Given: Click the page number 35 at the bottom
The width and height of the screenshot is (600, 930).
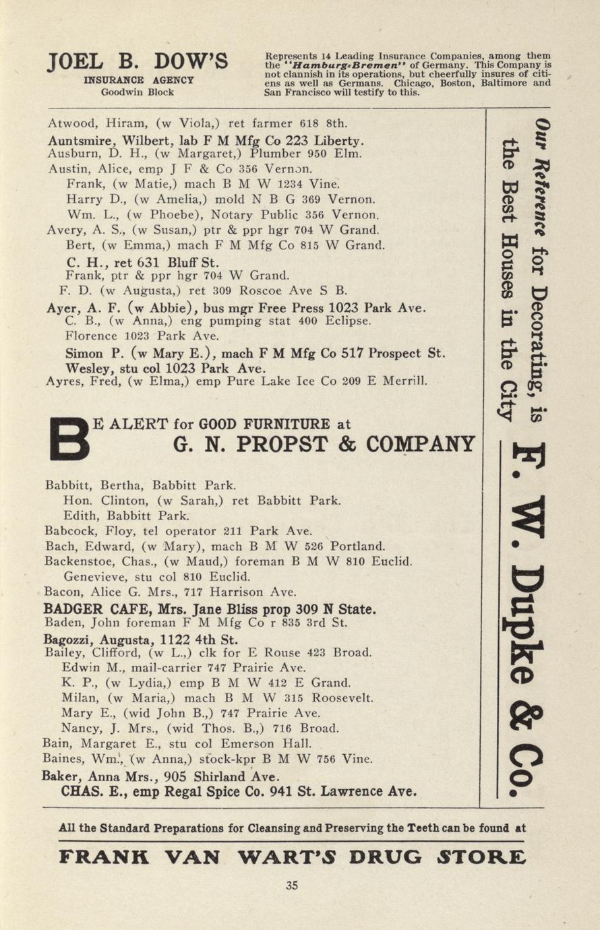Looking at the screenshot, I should tap(291, 886).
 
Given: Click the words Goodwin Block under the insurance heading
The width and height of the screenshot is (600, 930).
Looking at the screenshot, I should tap(137, 92).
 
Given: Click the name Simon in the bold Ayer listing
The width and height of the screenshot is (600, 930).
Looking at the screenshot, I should tap(84, 354).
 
